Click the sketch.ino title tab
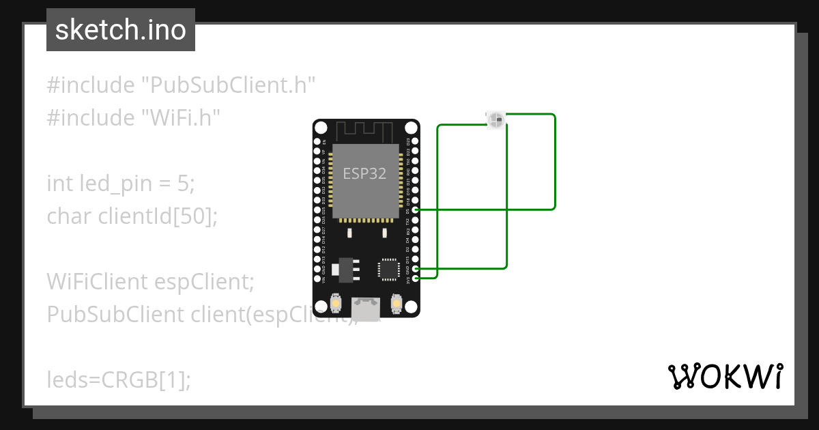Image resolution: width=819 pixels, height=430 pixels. [121, 30]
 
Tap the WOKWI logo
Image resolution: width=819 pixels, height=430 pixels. [725, 376]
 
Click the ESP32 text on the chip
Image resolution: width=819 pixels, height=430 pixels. [364, 173]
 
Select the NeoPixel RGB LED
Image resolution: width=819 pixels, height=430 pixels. [496, 120]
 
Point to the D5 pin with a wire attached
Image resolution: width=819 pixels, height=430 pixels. [416, 210]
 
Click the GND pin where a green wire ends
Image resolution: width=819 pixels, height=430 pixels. [416, 269]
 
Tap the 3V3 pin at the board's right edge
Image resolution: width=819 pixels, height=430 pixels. [416, 278]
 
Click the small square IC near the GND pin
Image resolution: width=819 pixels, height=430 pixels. [388, 268]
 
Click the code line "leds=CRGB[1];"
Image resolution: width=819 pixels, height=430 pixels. [119, 379]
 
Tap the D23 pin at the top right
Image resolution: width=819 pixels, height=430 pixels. [416, 142]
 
